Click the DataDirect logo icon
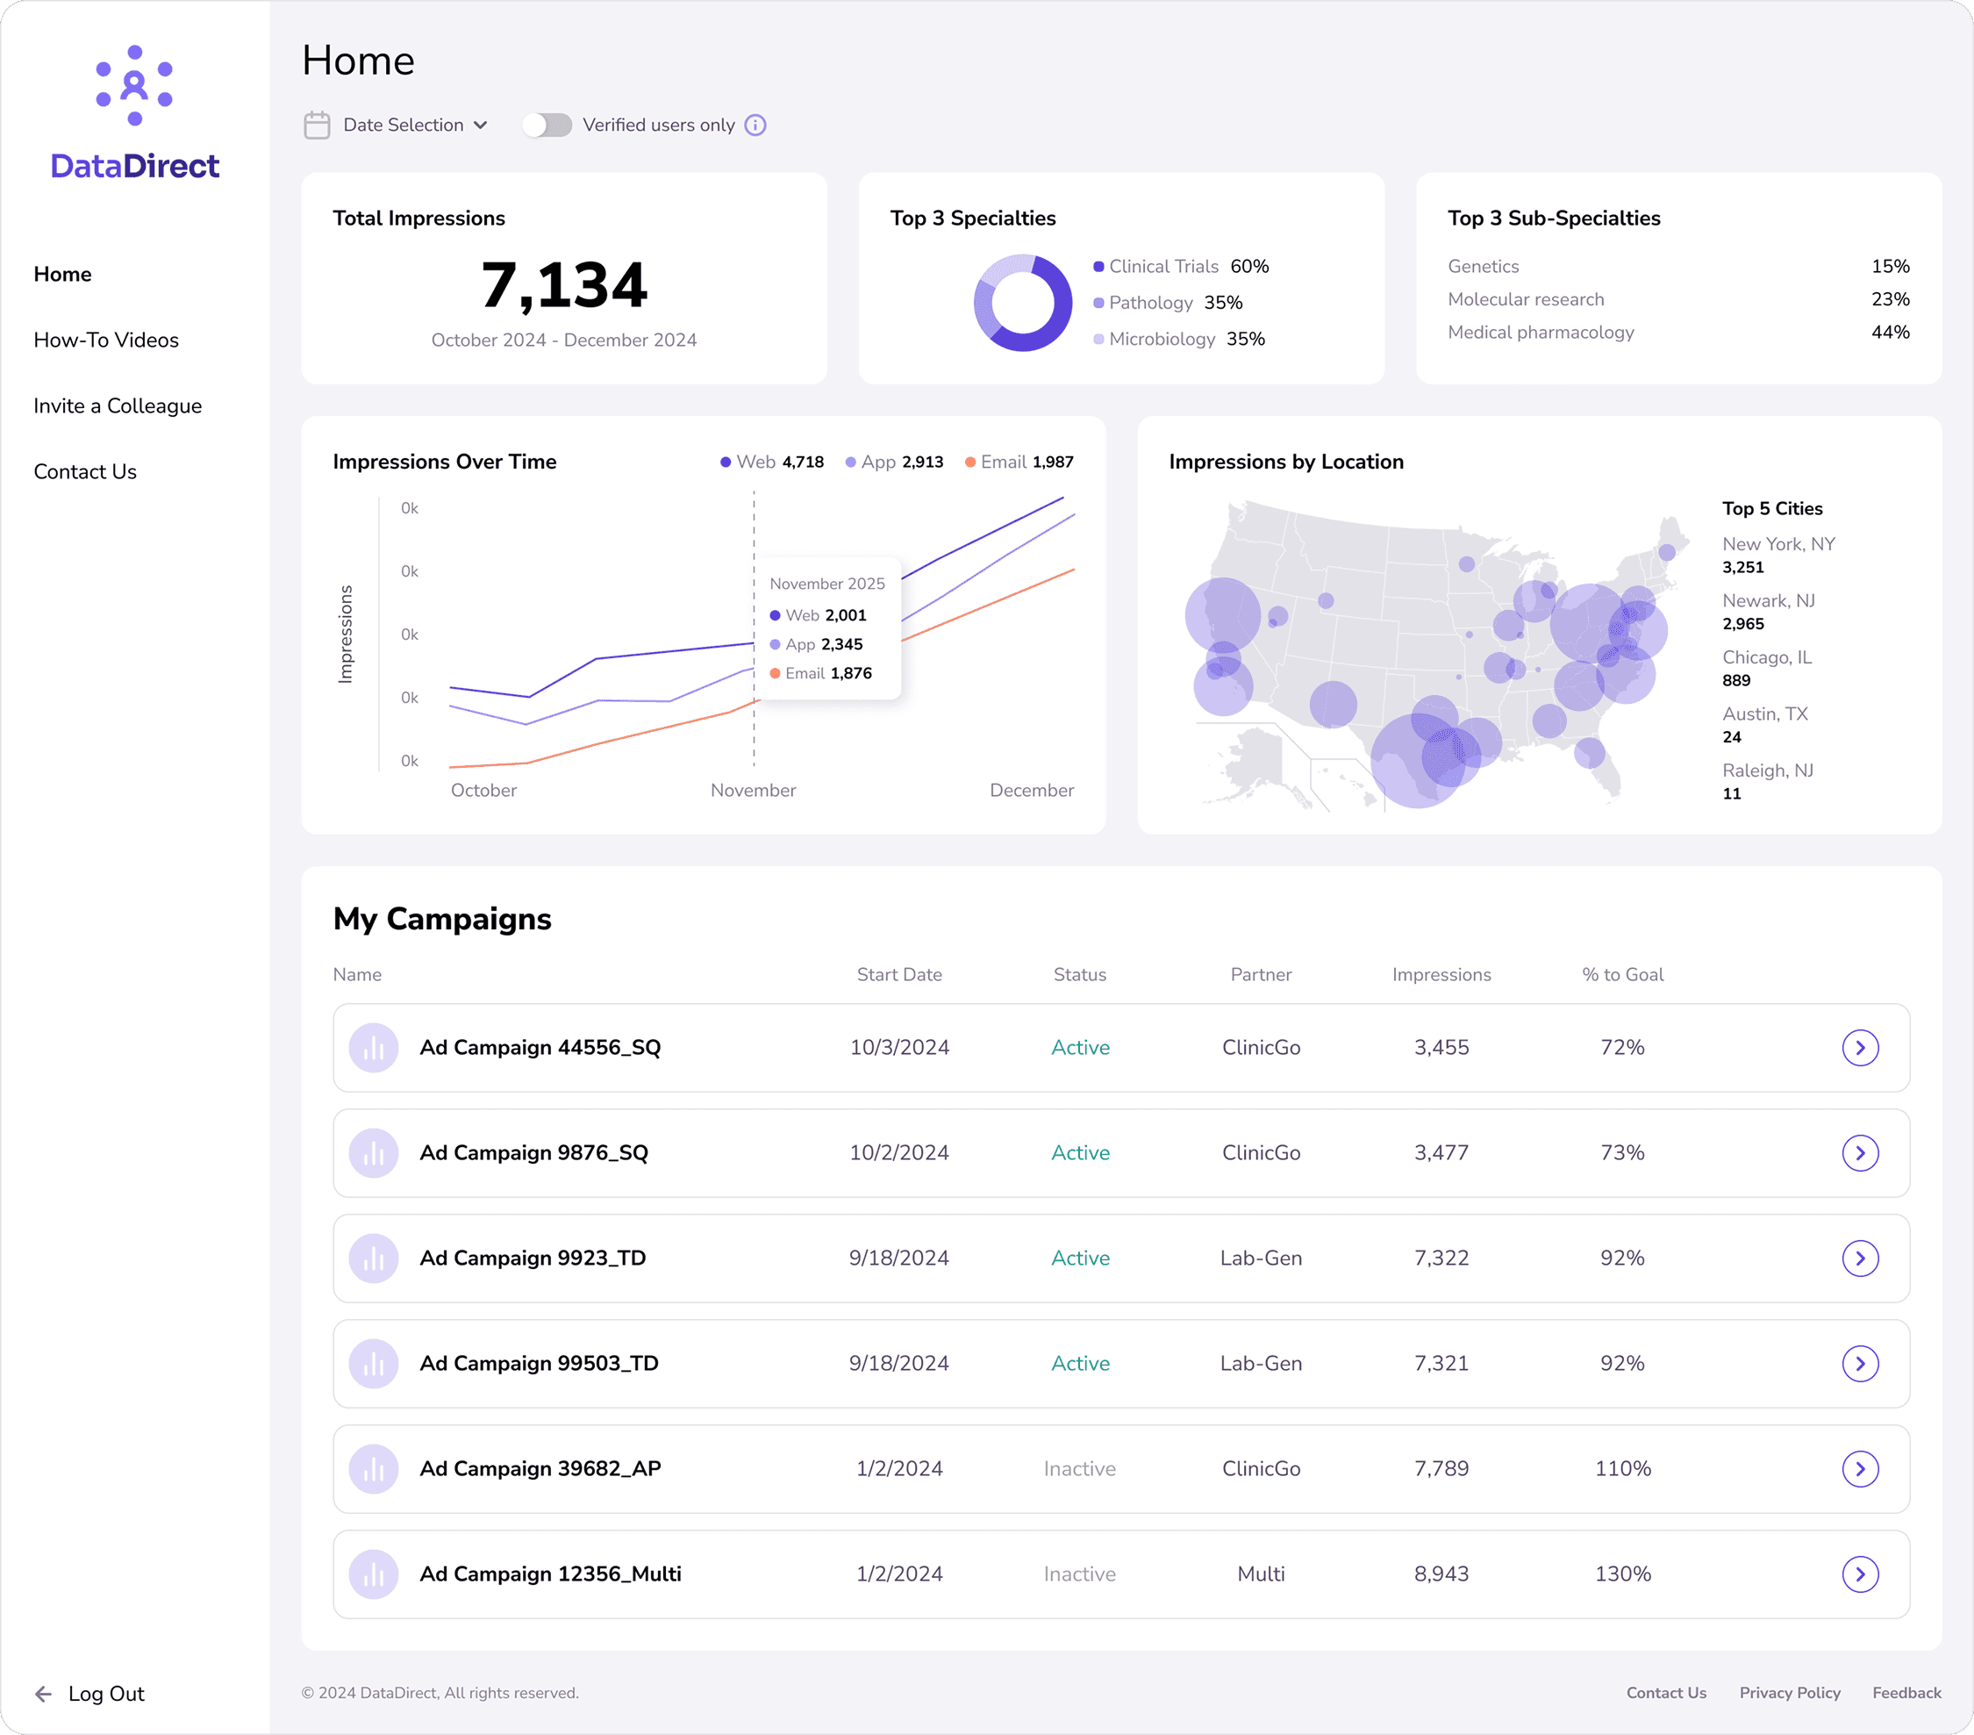coord(134,86)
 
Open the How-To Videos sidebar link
coord(106,340)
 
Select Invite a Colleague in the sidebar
coord(118,405)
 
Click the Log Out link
coord(105,1694)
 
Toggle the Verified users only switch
coord(547,125)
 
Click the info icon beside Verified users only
coord(756,125)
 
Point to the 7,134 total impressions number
coord(564,286)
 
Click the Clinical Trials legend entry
coord(1162,267)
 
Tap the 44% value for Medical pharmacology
coord(1890,333)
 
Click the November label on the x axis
coord(754,790)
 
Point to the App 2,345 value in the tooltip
coord(841,644)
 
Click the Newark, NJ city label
coord(1769,601)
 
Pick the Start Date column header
coord(899,975)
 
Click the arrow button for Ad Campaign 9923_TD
coord(1859,1258)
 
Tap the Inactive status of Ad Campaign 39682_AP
coord(1080,1468)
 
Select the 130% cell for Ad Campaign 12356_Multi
coord(1622,1574)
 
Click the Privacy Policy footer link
coord(1790,1693)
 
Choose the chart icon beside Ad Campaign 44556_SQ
coord(374,1048)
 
